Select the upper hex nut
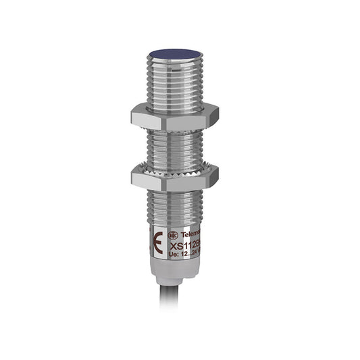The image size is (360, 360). pos(175,115)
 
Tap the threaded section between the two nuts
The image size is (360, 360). pos(175,145)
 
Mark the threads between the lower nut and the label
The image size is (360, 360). pos(175,205)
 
